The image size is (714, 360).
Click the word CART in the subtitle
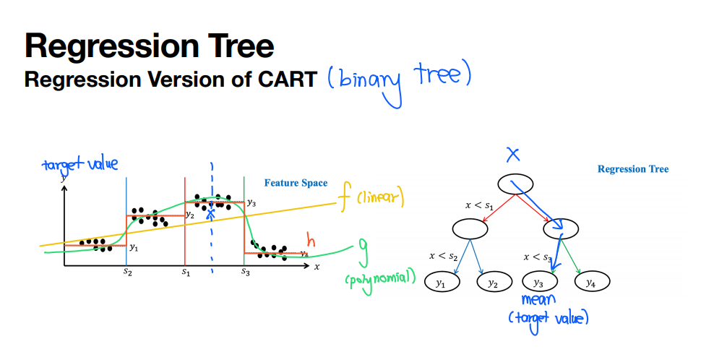tap(288, 80)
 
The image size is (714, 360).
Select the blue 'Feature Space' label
tap(296, 183)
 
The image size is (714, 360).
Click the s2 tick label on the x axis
tap(127, 273)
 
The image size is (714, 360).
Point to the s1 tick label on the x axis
tap(186, 272)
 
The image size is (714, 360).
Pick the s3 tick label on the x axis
tap(246, 273)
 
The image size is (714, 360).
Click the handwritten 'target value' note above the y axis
tap(80, 165)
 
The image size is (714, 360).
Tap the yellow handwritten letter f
tap(344, 199)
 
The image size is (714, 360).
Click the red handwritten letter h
tap(311, 239)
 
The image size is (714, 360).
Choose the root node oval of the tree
tap(515, 184)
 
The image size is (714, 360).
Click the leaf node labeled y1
tap(442, 282)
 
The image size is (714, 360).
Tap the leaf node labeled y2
tap(494, 282)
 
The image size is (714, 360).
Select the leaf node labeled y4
tap(592, 282)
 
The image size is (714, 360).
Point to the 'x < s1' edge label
tap(479, 206)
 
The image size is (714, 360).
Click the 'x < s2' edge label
tap(443, 257)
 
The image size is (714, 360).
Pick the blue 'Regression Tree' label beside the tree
tap(633, 170)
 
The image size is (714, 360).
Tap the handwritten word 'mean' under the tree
tap(538, 300)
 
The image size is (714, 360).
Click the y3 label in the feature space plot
tap(251, 203)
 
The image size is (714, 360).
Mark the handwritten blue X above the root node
tap(513, 155)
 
